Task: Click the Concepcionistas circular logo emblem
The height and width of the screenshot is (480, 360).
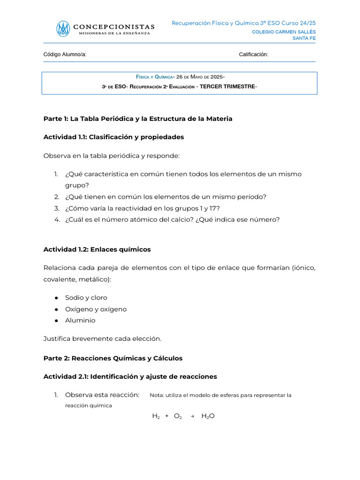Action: click(x=63, y=29)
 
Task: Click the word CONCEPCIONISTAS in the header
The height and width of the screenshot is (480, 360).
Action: click(x=114, y=27)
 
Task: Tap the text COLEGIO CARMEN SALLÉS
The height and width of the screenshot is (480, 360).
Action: click(x=284, y=32)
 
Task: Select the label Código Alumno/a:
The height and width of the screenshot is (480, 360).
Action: click(x=65, y=55)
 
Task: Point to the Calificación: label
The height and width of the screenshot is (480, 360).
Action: click(x=254, y=55)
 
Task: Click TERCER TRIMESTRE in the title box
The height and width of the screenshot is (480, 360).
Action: click(x=228, y=87)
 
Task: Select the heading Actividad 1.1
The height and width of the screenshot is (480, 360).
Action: click(x=113, y=137)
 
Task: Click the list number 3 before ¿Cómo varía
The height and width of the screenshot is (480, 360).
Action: click(x=56, y=208)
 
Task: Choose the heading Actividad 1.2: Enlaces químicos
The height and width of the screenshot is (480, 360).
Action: click(x=97, y=249)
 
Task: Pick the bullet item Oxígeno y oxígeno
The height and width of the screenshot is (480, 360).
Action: click(x=96, y=309)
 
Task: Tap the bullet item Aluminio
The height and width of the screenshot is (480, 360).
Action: click(x=80, y=321)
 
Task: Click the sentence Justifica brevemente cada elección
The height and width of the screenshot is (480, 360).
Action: click(x=102, y=338)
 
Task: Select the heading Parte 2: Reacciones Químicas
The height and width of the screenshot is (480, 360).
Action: click(x=112, y=358)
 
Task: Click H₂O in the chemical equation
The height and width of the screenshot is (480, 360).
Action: click(x=208, y=416)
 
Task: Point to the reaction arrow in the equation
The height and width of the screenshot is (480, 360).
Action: click(x=192, y=416)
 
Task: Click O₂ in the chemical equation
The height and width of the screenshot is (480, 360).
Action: click(x=178, y=416)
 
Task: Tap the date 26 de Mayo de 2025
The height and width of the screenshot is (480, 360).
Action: click(x=200, y=77)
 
